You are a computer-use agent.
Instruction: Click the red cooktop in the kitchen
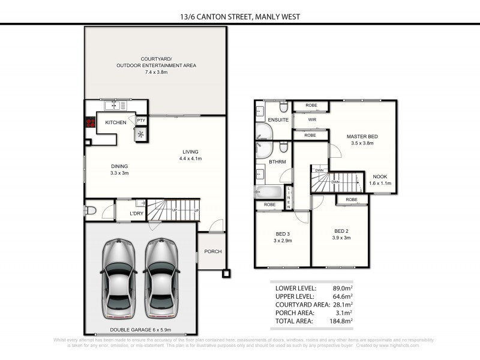pos(91,123)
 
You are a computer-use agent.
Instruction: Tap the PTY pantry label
pos(141,121)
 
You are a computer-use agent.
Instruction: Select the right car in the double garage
pos(160,278)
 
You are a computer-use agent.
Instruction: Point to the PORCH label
pos(212,251)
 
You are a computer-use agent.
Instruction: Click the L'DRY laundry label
pos(137,213)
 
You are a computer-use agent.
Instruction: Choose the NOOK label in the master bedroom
pos(379,176)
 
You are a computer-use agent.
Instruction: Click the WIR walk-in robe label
pos(312,119)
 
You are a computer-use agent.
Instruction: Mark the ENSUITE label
pos(278,120)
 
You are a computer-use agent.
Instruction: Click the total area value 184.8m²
pos(338,321)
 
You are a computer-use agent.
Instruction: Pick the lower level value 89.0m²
pos(340,288)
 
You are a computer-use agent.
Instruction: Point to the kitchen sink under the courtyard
pos(115,106)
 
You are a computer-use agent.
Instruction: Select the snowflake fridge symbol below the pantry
pos(142,134)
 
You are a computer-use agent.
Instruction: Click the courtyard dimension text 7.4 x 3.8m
pos(156,72)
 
